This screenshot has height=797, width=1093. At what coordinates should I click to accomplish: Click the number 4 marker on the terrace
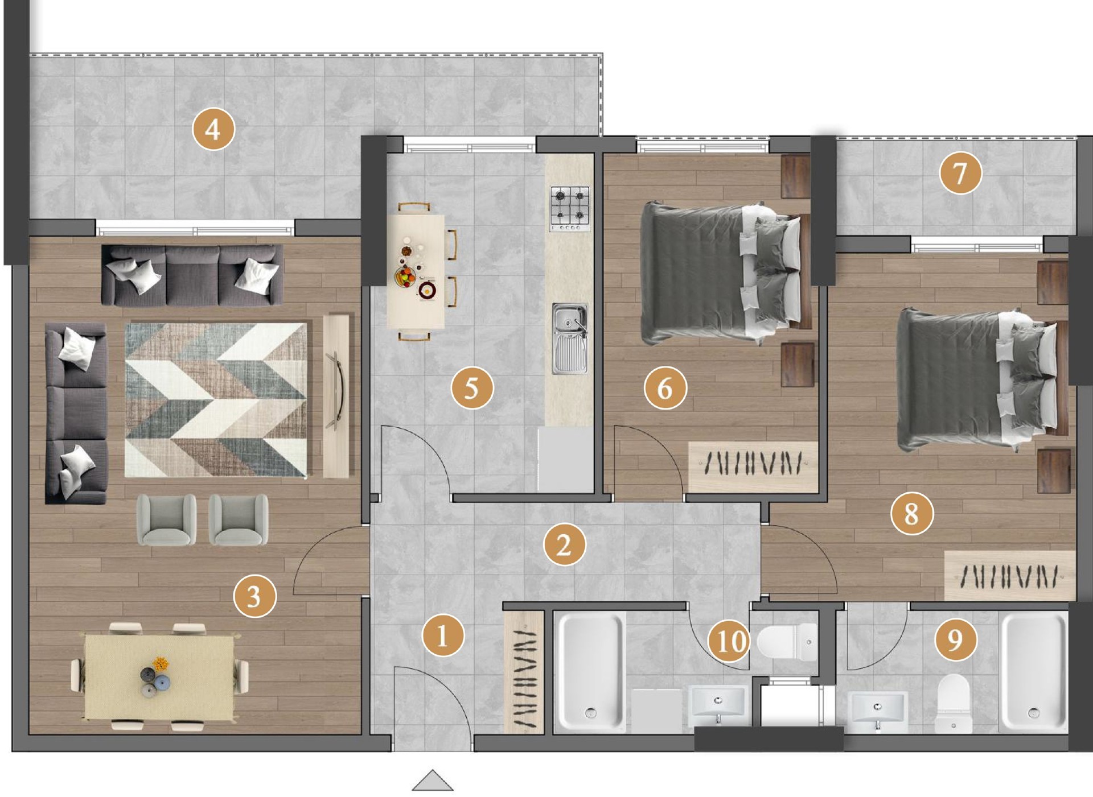tap(213, 129)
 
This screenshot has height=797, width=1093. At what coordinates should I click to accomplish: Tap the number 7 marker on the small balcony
tap(960, 173)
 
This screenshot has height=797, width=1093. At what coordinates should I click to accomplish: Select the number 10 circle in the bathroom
tap(730, 641)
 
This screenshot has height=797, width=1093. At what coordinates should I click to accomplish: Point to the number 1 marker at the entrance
tap(443, 635)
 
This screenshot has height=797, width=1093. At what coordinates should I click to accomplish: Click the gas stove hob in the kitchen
tap(570, 208)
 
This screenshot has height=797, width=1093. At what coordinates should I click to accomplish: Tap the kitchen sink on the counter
tap(569, 338)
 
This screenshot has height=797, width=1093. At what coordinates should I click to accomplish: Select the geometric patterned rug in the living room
tap(216, 400)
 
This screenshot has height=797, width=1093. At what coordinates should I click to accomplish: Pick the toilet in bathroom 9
tap(953, 703)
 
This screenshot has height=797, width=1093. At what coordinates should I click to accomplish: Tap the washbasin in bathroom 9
tap(877, 710)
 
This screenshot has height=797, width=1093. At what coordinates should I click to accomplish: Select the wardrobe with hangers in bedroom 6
tap(753, 466)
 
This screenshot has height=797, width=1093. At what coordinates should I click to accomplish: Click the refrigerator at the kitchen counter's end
tap(565, 460)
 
